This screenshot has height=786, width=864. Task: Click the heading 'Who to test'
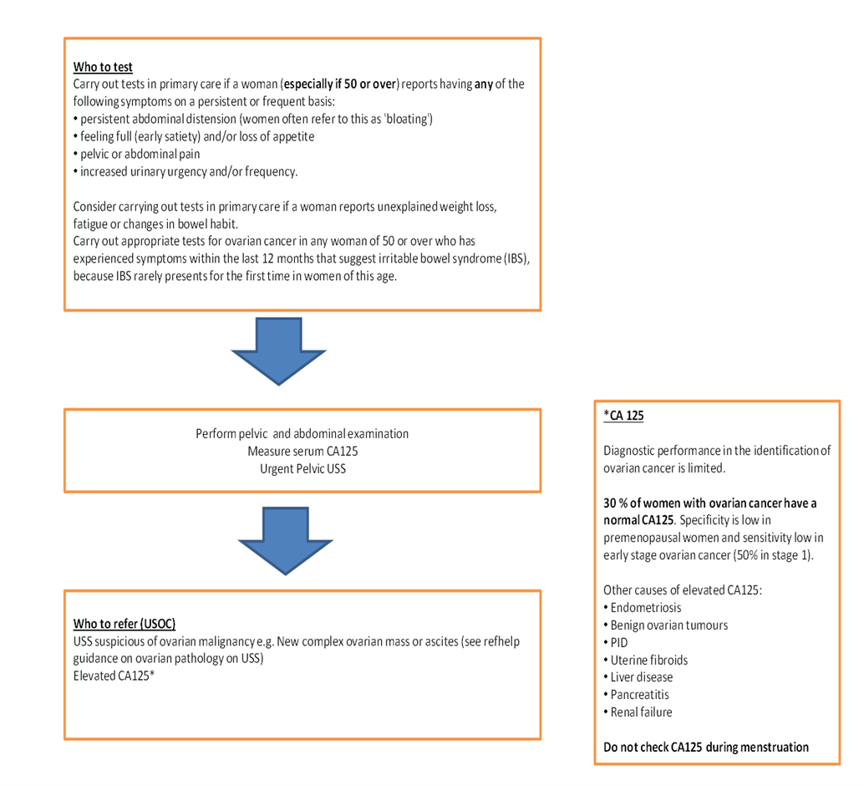(x=103, y=67)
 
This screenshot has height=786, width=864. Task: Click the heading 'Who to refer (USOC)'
(x=125, y=624)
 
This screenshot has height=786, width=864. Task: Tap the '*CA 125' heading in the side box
(x=623, y=416)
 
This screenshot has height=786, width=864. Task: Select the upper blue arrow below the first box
(x=278, y=351)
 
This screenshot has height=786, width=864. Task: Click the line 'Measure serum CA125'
(x=302, y=452)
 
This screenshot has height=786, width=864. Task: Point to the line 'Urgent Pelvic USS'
(x=302, y=468)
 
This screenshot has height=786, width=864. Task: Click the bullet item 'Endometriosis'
(x=645, y=608)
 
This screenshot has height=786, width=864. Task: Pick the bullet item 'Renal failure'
(x=641, y=712)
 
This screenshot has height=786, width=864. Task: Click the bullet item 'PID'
(x=619, y=642)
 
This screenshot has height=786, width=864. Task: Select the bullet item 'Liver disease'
(x=641, y=677)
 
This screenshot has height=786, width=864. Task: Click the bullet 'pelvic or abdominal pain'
(x=140, y=154)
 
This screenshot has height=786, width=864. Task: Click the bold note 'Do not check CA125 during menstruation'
(x=706, y=747)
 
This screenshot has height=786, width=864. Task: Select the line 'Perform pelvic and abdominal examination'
(x=302, y=434)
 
